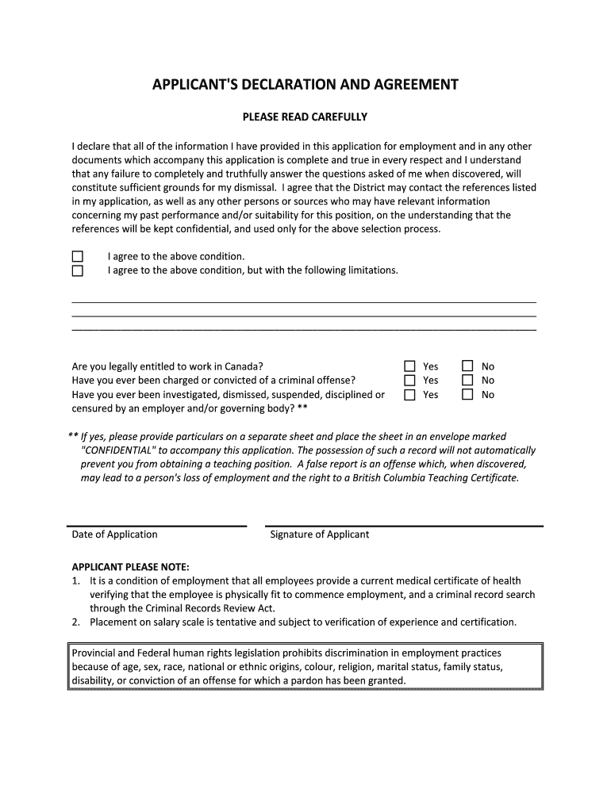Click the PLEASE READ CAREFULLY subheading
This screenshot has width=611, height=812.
pos(305,117)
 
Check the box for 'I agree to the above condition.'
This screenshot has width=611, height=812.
pos(78,256)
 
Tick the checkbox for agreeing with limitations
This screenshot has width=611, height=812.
pos(78,270)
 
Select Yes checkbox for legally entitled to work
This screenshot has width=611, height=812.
pos(409,366)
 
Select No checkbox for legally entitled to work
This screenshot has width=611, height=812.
pos(467,366)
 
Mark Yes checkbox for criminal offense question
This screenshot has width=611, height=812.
pos(409,380)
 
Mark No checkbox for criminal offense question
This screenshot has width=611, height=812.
pos(467,380)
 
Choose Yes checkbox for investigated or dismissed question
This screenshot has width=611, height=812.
pos(409,394)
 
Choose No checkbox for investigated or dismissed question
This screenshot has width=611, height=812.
pos(467,394)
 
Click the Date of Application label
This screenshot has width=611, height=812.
pos(114,534)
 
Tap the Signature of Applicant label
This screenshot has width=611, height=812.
pos(320,534)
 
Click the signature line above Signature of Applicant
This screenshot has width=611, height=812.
pos(405,526)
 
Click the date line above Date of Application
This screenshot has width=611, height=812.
pos(159,526)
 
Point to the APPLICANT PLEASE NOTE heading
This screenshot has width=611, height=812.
pos(131,567)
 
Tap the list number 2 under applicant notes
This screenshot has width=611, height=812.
pos(75,622)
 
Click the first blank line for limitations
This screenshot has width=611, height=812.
pos(304,302)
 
